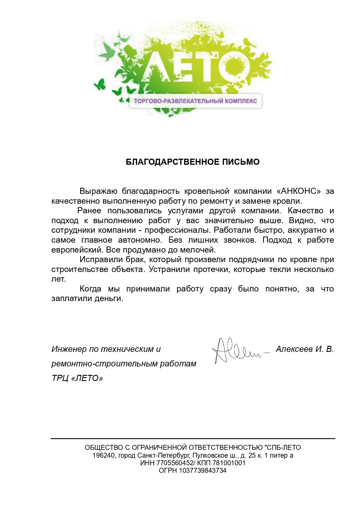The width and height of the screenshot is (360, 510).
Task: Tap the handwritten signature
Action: coord(238,350)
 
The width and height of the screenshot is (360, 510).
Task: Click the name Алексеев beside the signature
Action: coord(294,349)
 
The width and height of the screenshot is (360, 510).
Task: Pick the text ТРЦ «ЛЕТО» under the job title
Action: coord(77,378)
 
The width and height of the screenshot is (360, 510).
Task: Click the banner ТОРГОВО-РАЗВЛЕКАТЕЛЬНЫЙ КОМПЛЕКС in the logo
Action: coord(195,101)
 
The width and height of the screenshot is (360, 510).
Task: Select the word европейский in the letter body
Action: coord(77,250)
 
